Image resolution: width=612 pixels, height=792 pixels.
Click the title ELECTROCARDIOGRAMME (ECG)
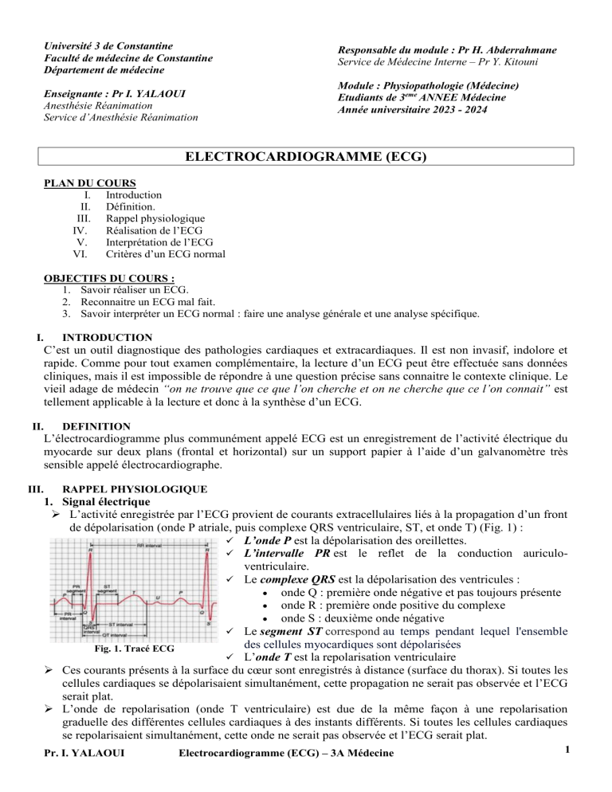click(306, 157)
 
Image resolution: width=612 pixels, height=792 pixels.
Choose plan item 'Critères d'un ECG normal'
click(165, 254)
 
